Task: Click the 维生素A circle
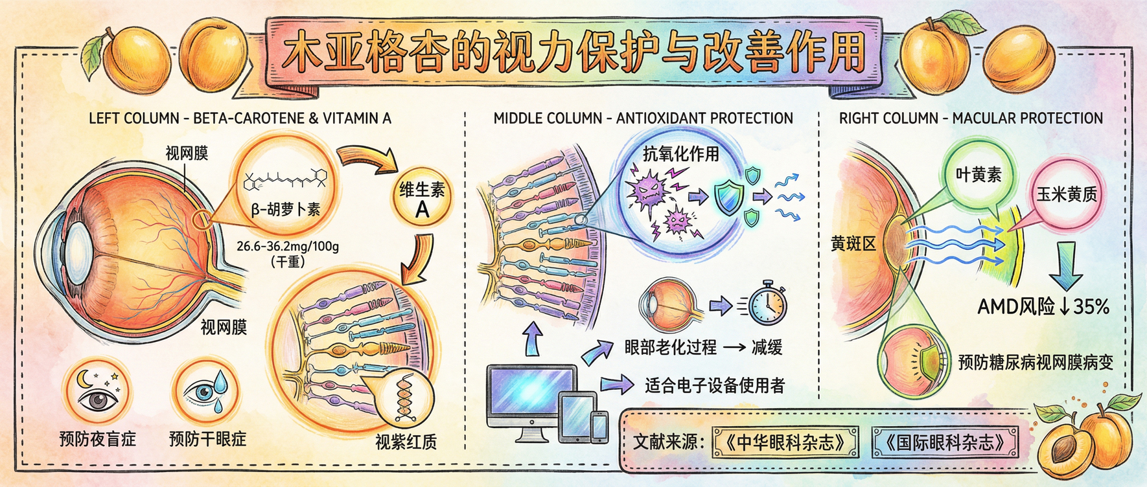[x=422, y=199]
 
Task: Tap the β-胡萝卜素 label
[x=285, y=209]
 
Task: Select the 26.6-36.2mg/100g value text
[x=288, y=246]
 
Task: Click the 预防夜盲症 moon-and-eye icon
[x=97, y=391]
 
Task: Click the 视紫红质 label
[x=406, y=442]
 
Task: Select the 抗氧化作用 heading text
[x=680, y=153]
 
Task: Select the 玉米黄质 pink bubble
[x=1067, y=194]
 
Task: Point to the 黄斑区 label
[x=853, y=244]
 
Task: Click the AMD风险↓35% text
[x=1043, y=306]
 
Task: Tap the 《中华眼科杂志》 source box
[x=785, y=443]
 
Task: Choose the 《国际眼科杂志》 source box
[x=945, y=443]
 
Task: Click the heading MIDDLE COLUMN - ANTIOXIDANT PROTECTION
[x=643, y=119]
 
